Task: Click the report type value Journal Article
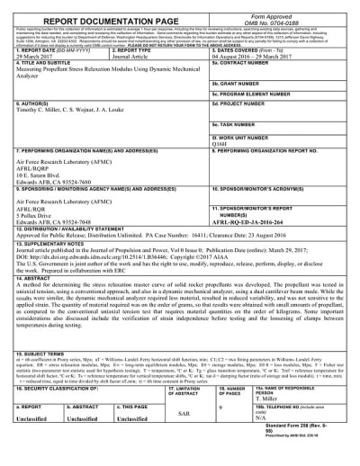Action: [128, 56]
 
